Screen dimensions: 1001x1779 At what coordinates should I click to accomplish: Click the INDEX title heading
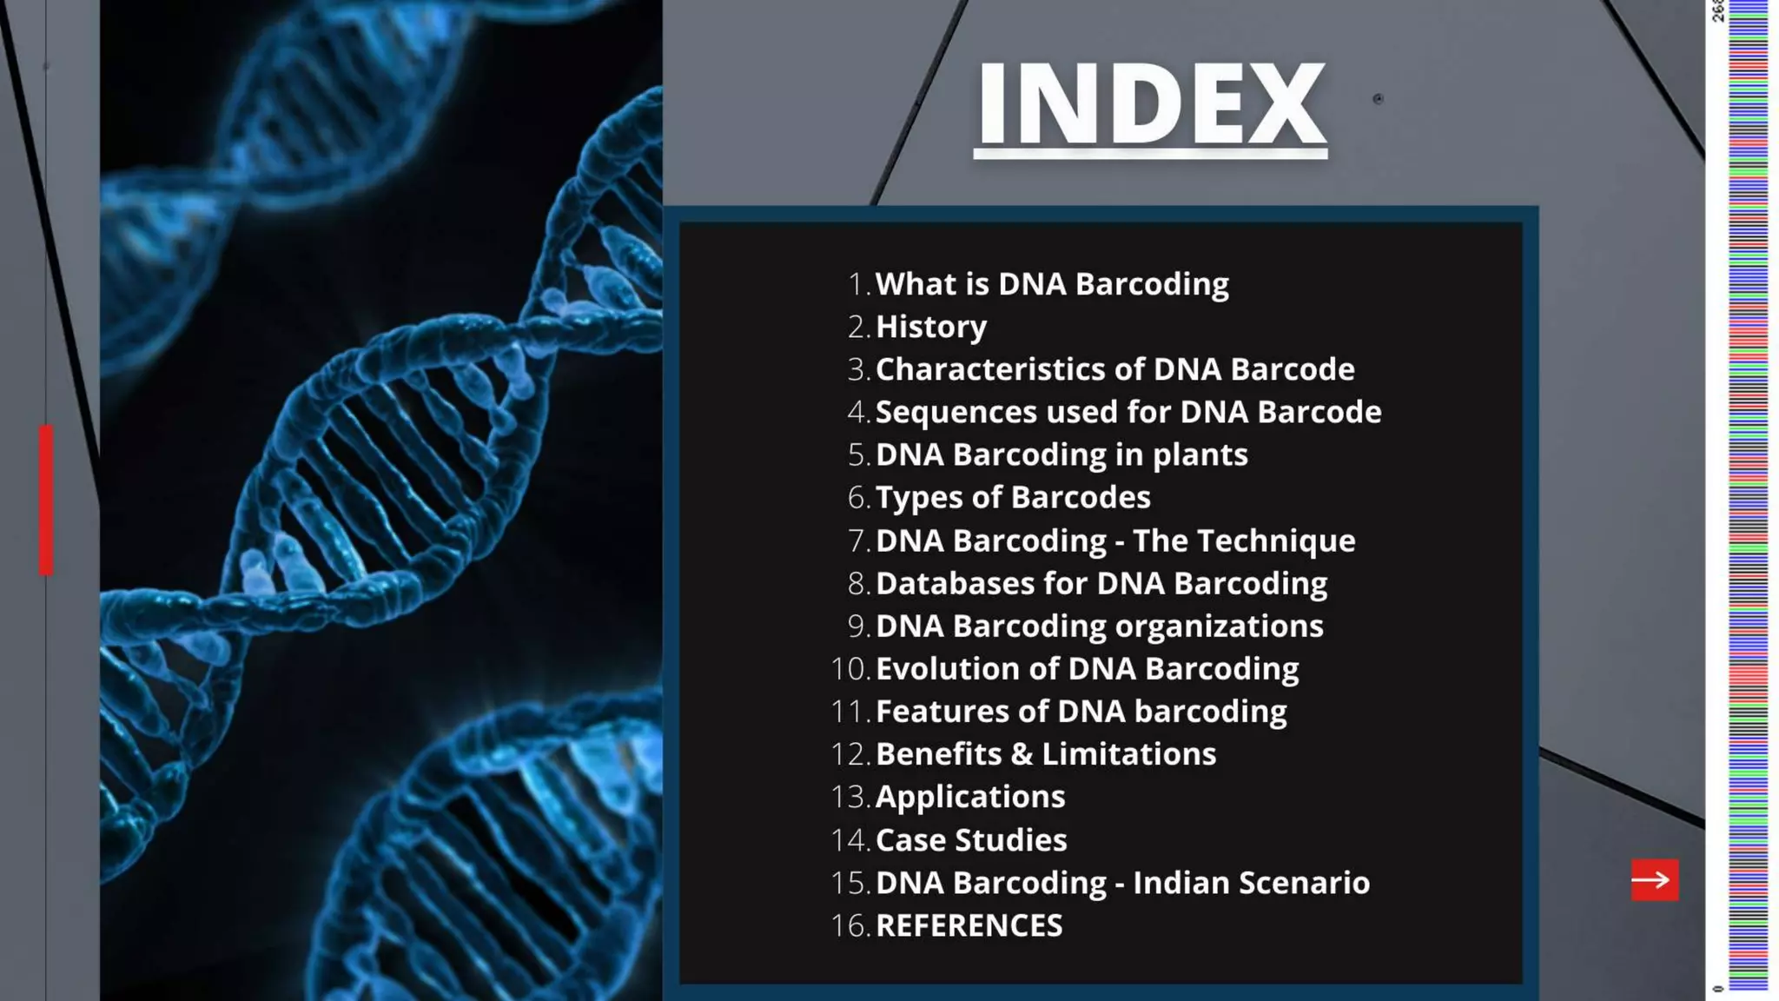click(x=1151, y=104)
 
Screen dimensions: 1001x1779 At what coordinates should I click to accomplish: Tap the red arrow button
click(x=1654, y=880)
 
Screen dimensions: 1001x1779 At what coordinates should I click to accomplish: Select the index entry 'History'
click(x=931, y=327)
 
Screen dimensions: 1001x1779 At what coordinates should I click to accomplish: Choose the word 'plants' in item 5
click(x=1200, y=455)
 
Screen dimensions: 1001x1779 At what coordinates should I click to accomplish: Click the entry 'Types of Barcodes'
click(x=1013, y=498)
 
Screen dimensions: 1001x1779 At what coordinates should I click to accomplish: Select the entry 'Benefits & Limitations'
click(x=1046, y=754)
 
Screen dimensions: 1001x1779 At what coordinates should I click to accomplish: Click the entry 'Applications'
click(x=970, y=797)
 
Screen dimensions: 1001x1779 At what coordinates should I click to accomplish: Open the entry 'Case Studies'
click(x=971, y=840)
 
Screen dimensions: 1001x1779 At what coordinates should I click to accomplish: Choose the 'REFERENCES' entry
click(x=969, y=925)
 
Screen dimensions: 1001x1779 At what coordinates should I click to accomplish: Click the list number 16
click(x=850, y=925)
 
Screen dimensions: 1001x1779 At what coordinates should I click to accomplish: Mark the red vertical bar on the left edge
click(x=46, y=500)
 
